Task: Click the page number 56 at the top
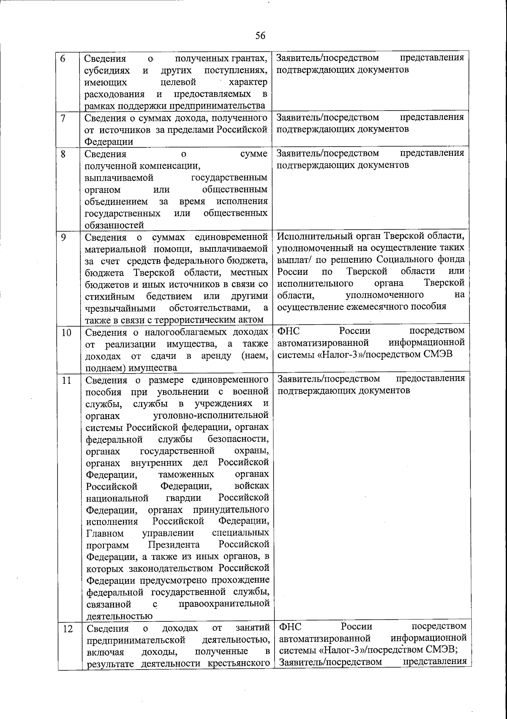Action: [x=260, y=36]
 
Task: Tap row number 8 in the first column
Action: [x=63, y=154]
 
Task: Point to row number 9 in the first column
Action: [x=63, y=237]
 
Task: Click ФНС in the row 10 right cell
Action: [x=289, y=330]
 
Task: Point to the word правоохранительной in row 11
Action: [x=224, y=604]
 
